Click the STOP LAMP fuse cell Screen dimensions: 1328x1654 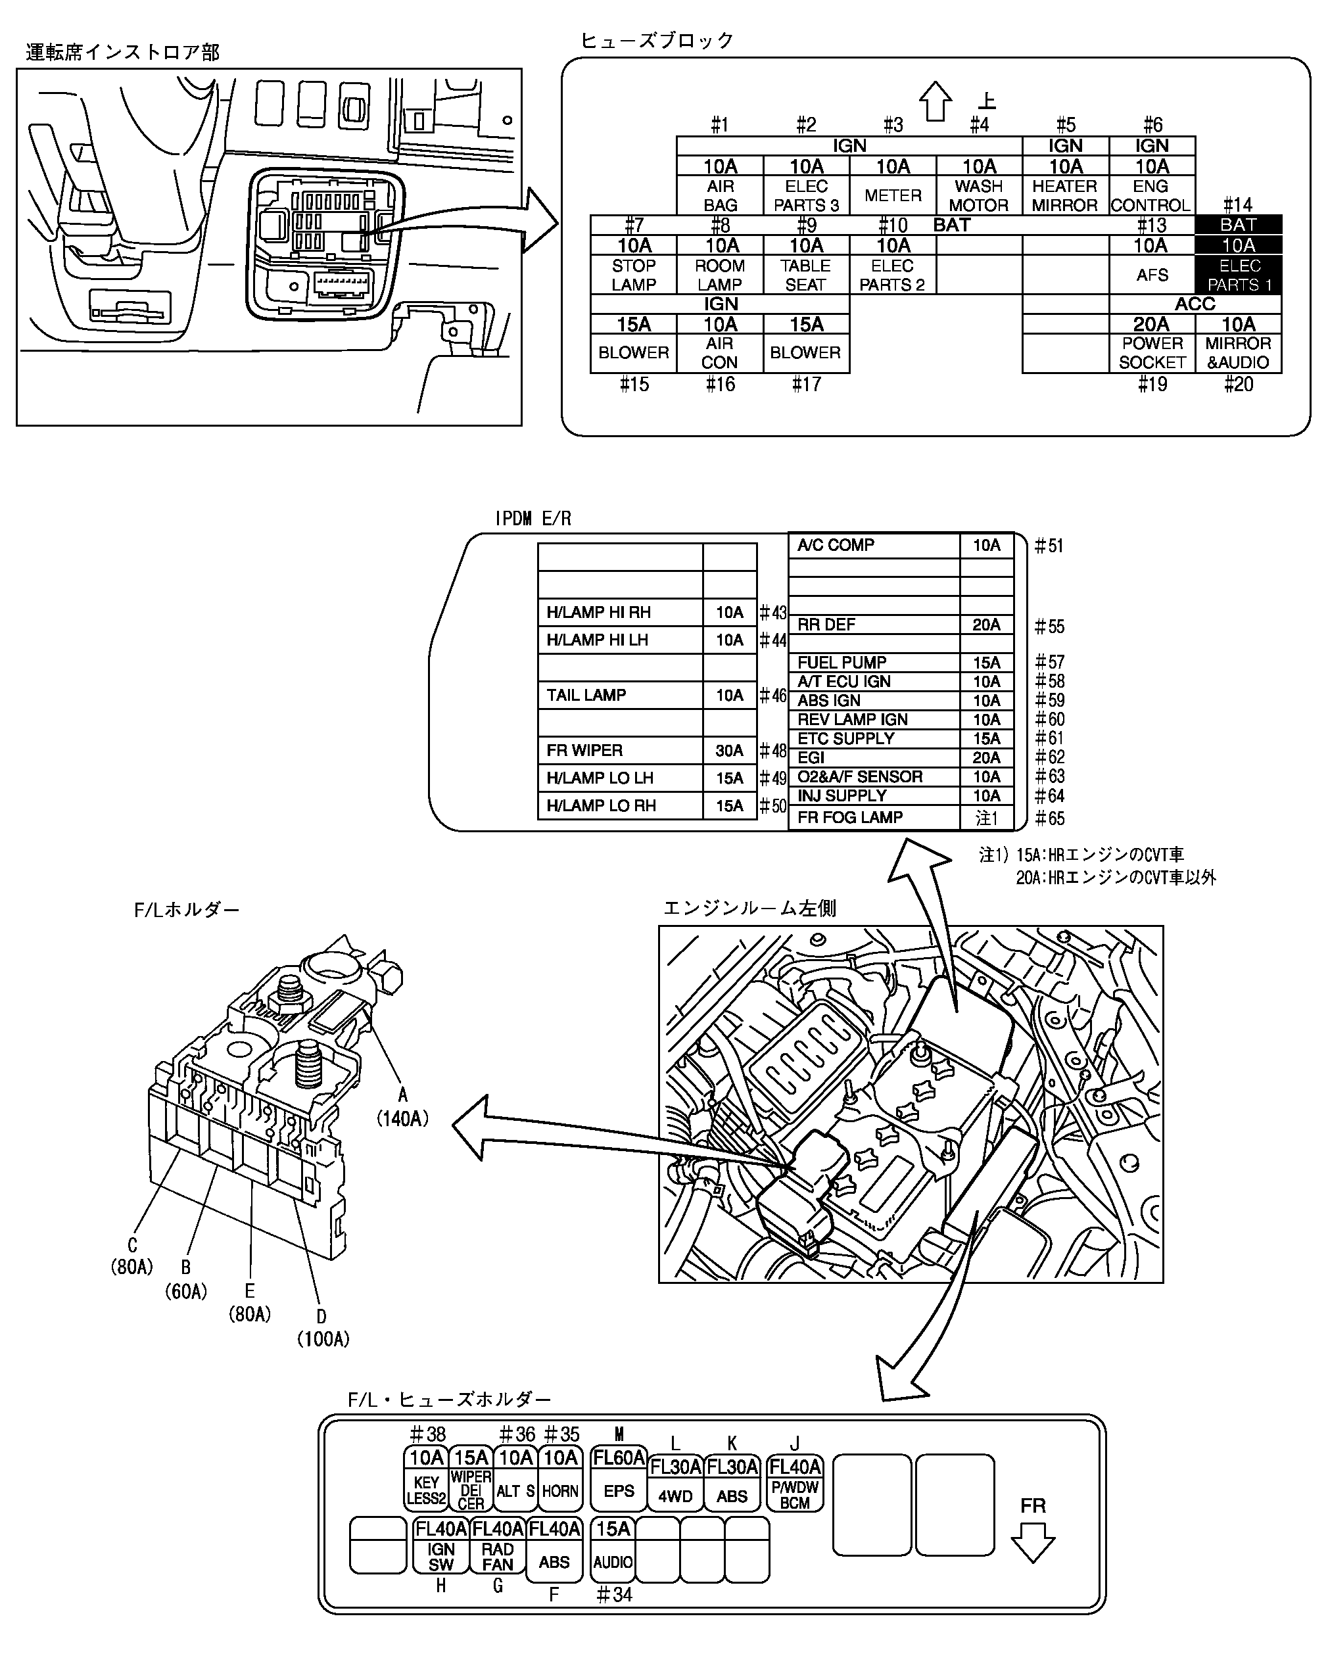634,275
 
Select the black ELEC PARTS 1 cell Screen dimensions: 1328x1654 1238,275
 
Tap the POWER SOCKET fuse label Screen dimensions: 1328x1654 1152,353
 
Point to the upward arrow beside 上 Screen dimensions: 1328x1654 936,101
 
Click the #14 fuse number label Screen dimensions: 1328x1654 1237,205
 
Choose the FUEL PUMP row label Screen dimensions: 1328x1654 842,662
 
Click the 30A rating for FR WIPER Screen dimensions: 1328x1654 730,750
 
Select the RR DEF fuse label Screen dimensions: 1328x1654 826,625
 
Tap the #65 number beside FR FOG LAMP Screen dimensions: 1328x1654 1049,818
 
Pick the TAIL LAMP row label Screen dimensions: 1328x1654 586,695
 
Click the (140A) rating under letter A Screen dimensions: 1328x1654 402,1118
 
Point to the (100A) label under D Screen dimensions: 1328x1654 323,1338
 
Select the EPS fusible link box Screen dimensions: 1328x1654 619,1478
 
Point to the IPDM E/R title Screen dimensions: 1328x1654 533,519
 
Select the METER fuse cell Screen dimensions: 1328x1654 892,195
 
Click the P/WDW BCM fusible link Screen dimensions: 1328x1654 795,1483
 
